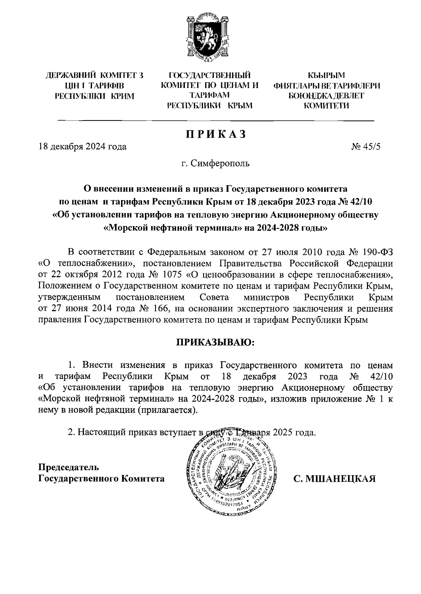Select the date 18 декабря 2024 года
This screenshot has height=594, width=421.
(82, 147)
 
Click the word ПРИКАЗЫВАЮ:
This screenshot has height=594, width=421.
(214, 342)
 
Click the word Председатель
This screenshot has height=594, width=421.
(69, 467)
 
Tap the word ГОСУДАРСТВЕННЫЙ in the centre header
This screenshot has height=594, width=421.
(210, 75)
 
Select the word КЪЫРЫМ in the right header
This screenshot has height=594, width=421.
(326, 75)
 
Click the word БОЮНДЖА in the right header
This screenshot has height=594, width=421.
(307, 96)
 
